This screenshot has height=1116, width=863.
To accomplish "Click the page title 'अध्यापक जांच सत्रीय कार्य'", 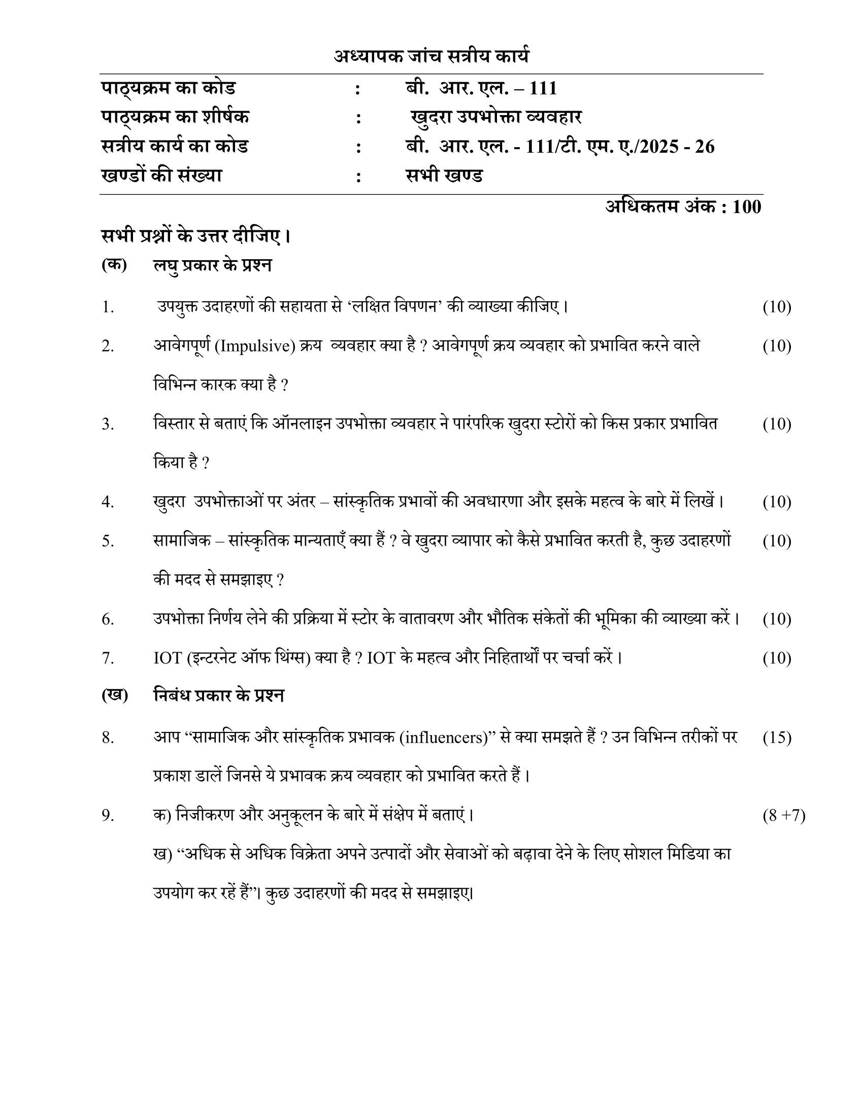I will [x=432, y=56].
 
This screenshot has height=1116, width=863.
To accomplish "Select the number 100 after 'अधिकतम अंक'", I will [x=746, y=207].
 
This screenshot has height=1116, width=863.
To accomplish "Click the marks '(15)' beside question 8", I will [x=777, y=738].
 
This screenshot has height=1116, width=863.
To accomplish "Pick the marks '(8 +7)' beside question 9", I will [x=784, y=816].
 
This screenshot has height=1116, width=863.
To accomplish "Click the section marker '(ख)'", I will [x=115, y=695].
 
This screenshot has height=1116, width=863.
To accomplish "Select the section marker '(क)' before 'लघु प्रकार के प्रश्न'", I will [x=114, y=265].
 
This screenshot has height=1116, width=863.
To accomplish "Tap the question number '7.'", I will [x=108, y=658].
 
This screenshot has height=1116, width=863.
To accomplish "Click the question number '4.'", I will [x=108, y=502].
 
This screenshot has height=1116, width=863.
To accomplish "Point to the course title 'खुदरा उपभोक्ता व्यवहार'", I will [x=496, y=118].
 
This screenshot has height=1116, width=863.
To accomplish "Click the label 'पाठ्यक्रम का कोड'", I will [x=168, y=88].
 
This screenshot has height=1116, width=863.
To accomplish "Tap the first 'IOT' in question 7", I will [x=168, y=658].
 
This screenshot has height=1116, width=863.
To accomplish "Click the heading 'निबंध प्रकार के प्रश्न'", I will [x=219, y=695].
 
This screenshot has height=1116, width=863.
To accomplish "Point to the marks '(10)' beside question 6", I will [x=777, y=619].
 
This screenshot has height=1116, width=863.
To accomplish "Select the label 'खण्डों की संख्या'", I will [x=161, y=176].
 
